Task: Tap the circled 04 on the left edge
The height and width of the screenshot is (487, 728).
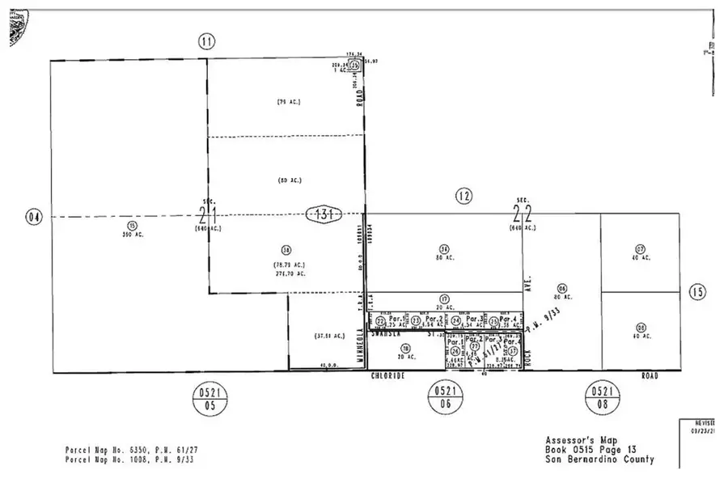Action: [32, 216]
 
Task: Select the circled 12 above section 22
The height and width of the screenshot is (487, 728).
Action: [462, 195]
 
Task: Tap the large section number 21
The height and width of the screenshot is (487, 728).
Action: [206, 215]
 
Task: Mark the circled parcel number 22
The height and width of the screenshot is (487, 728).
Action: [381, 321]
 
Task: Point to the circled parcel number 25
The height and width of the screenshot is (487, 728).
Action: [493, 321]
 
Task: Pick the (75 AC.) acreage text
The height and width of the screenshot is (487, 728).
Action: [289, 102]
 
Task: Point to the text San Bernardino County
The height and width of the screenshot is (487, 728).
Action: [599, 460]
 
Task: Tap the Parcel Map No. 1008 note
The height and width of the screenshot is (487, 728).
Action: [133, 459]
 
